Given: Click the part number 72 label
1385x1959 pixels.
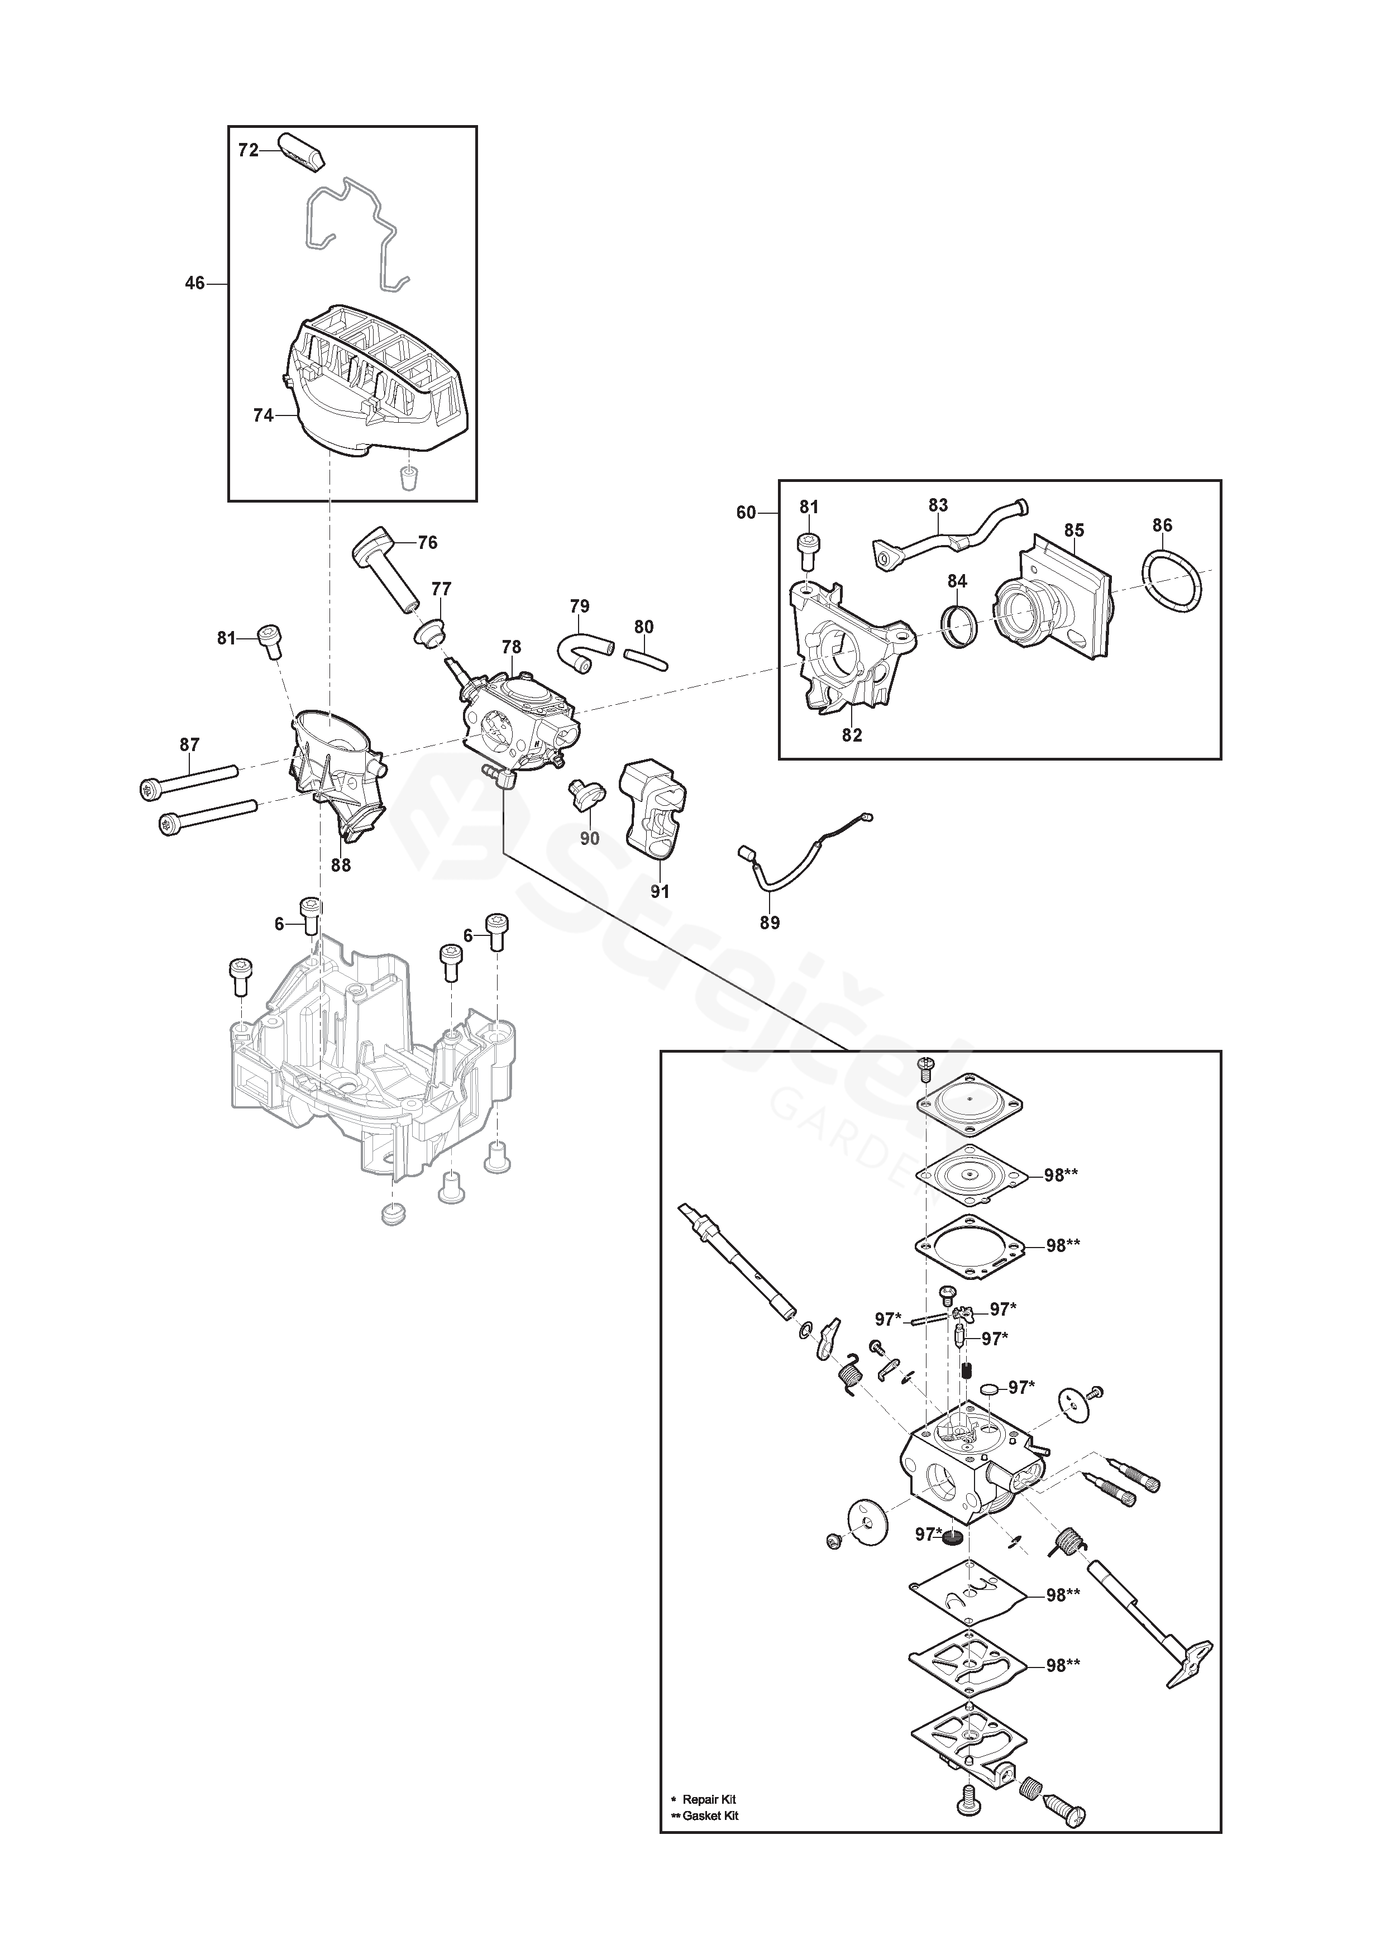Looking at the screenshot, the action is coord(247,150).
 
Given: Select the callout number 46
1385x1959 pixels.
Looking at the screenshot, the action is coord(194,283).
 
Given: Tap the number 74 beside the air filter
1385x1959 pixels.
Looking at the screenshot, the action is coord(263,415).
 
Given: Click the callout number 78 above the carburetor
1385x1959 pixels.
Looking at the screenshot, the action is coord(511,648).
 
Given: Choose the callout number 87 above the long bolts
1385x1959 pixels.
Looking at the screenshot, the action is coord(189,745).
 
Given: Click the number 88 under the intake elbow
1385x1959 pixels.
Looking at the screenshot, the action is coord(341,865).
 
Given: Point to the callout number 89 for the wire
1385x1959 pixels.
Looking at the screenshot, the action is coord(770,923).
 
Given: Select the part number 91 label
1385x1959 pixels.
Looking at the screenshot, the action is coord(660,892).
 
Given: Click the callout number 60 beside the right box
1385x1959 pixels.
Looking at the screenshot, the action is coord(746,512).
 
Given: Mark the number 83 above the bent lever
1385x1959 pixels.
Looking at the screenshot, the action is coord(938,505).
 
